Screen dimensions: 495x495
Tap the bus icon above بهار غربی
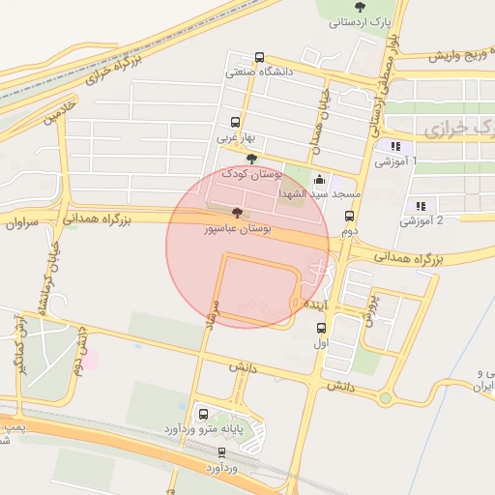tap(235, 123)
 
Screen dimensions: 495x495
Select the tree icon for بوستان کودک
tap(252, 160)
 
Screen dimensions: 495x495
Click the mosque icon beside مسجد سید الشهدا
tap(319, 180)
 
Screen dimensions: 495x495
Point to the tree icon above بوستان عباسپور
tap(237, 213)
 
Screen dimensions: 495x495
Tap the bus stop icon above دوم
tap(349, 218)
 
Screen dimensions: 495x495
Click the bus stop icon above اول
tap(321, 327)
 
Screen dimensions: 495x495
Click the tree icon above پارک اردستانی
tap(360, 7)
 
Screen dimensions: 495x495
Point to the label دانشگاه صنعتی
tap(259, 71)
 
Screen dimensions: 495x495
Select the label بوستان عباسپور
tap(237, 229)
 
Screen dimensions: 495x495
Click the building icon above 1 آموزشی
tap(394, 147)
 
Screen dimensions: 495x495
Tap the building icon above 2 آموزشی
tap(421, 206)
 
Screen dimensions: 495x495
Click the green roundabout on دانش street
tap(387, 397)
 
